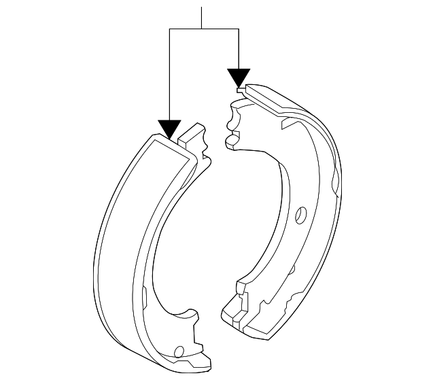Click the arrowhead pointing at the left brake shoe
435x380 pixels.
point(169,128)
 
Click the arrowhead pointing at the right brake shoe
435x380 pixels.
point(239,77)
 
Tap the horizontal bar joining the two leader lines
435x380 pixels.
point(203,29)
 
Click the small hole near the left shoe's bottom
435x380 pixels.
point(179,352)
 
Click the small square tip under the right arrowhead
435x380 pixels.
point(239,88)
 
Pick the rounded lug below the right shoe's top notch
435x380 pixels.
point(231,141)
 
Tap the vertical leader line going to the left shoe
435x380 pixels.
point(169,75)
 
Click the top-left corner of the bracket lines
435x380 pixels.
point(169,29)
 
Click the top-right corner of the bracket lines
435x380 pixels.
point(239,29)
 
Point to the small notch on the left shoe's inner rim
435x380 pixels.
point(145,294)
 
